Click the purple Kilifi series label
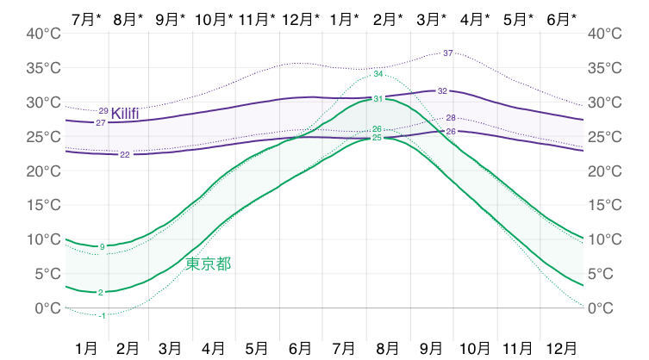(x=125, y=114)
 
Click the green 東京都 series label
(x=209, y=264)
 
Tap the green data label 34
(x=378, y=74)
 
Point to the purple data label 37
(x=447, y=53)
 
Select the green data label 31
(x=378, y=100)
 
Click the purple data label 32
(x=442, y=90)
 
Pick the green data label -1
(x=102, y=316)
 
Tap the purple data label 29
(x=103, y=110)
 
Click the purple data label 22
(x=125, y=155)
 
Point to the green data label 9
(x=102, y=247)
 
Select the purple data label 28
(x=451, y=117)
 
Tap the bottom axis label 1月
(x=86, y=348)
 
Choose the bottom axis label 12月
(x=562, y=348)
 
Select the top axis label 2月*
(x=389, y=18)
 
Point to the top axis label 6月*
(x=562, y=18)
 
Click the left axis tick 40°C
(x=41, y=34)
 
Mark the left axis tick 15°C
(x=41, y=206)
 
